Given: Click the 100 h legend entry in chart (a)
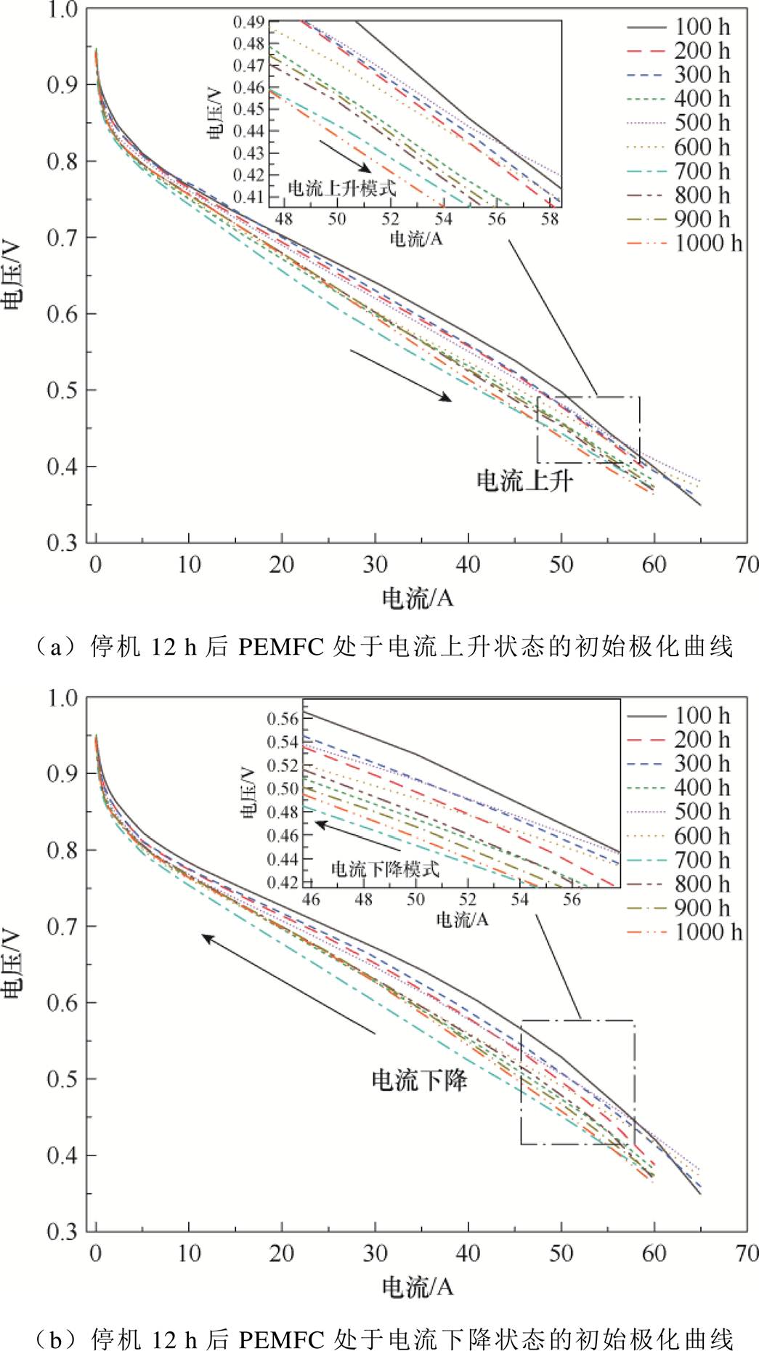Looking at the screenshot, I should coord(702,27).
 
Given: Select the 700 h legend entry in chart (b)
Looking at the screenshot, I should coord(702,860).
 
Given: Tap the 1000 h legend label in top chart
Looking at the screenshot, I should coord(707,243).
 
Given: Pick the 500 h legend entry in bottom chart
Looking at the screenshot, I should coord(702,812).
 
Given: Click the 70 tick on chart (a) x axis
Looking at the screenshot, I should coord(746,565).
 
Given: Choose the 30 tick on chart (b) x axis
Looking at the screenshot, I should coord(375,1254).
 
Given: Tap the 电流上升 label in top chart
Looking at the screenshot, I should coord(524,480).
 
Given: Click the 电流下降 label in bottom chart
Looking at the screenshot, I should coord(419,1080).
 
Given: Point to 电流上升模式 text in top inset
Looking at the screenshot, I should coord(342,187).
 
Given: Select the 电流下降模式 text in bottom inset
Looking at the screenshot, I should coord(385,868).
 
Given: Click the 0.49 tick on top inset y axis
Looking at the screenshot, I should coord(249,22).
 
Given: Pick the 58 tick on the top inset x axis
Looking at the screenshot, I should coord(550,218).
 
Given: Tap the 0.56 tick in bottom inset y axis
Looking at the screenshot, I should coord(283,719).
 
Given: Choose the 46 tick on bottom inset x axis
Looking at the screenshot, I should coord(311,900).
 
